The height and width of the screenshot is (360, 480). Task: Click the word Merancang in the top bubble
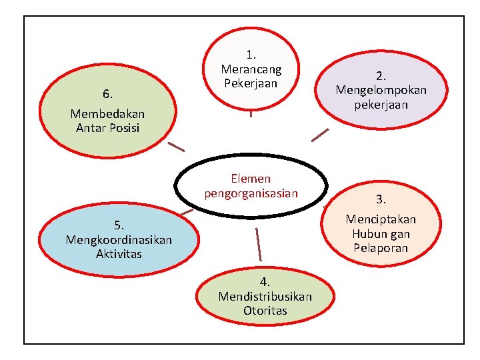251,69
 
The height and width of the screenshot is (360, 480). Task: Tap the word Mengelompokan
381,90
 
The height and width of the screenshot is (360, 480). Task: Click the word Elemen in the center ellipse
251,179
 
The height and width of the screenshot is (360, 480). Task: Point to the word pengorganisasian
251,193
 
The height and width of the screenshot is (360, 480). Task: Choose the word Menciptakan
381,219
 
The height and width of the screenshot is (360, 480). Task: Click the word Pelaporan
381,249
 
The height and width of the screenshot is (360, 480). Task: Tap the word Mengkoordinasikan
119,239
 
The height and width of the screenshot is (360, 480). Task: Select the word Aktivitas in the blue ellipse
119,253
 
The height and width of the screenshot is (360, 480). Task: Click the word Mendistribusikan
265,296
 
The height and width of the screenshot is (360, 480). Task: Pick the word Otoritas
265,311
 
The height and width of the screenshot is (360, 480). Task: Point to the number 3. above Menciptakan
381,199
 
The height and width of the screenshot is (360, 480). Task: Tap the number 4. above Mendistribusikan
265,282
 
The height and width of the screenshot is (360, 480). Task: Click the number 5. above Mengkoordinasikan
119,225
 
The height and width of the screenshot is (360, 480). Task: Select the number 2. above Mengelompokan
381,75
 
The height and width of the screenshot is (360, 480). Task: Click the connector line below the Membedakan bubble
176,146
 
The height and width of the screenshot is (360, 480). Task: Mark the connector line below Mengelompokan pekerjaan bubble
321,135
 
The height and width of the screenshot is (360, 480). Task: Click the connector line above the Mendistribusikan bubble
258,244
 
